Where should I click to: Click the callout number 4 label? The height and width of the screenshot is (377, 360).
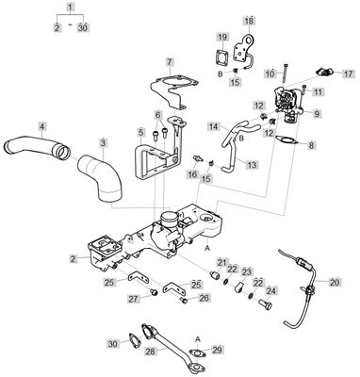(x=41, y=125)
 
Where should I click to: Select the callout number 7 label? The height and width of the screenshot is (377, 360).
(x=170, y=61)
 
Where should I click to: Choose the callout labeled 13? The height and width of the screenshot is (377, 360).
(x=253, y=164)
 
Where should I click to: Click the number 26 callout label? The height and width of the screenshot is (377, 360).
(x=204, y=298)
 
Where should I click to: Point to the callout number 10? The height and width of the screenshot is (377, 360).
(x=270, y=73)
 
